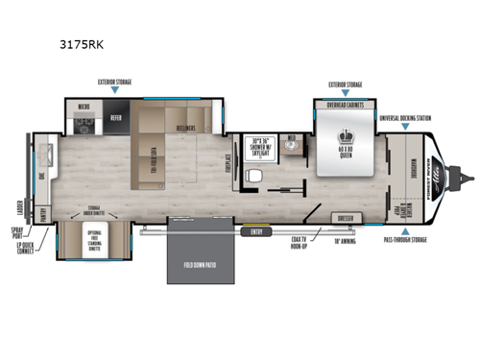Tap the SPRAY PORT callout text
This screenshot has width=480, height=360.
coord(19,235)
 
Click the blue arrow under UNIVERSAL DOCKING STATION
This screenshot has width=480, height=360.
coord(404,126)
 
